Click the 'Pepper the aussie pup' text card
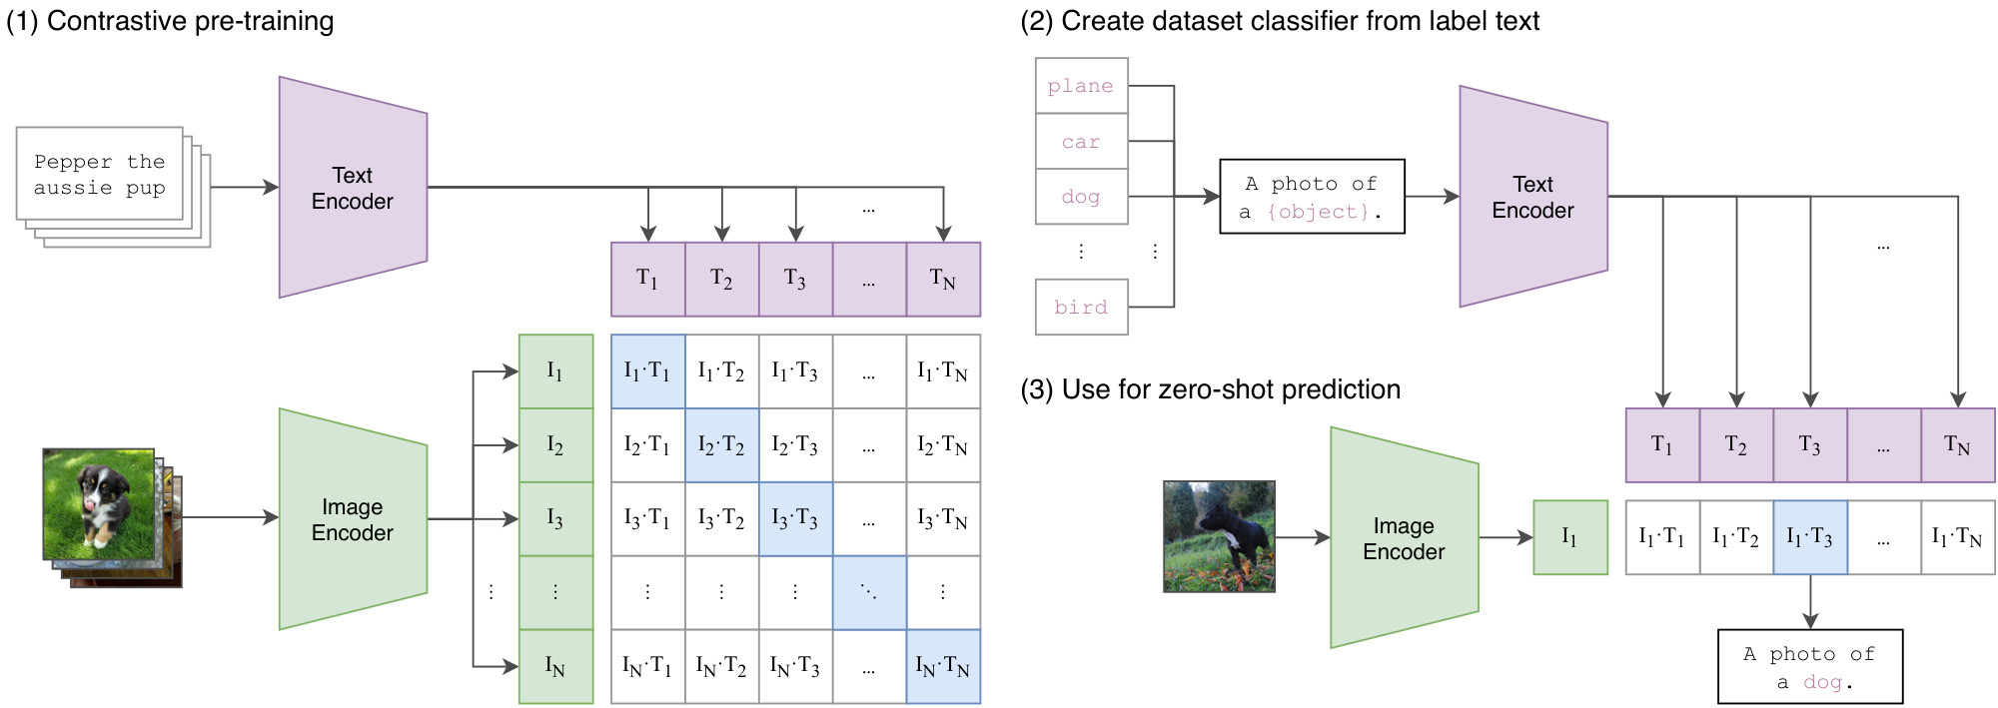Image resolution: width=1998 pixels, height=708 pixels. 100,175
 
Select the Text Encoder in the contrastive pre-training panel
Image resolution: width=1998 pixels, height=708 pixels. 352,188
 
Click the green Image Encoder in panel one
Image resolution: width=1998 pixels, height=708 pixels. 352,519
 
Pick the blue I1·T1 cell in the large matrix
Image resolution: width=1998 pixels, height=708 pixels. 647,371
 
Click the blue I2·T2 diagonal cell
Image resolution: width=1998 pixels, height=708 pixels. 721,445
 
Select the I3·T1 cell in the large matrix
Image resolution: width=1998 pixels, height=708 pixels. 647,518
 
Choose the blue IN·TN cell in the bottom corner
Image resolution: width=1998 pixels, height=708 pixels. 943,666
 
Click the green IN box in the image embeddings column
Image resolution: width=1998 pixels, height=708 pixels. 555,666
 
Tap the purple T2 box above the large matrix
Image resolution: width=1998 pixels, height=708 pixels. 721,279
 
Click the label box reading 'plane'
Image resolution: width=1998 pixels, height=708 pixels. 1081,86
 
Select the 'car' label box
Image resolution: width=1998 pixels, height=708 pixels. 1081,142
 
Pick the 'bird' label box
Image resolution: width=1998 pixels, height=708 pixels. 1081,307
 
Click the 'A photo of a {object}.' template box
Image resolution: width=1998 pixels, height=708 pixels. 1312,197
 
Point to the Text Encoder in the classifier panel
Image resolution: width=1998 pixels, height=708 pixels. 1532,197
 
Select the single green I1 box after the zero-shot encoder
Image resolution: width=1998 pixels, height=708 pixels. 1569,537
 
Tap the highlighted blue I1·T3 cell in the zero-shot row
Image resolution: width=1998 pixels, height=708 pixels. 1809,537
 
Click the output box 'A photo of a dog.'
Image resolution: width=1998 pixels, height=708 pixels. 1809,667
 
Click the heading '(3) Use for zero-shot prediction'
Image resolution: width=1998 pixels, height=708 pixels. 1210,389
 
